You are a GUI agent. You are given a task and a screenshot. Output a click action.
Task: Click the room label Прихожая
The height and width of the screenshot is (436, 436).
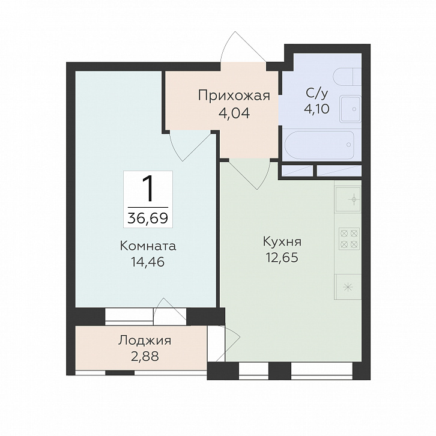point(234,96)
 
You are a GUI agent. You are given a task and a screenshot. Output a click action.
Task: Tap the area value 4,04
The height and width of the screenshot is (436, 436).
point(234,113)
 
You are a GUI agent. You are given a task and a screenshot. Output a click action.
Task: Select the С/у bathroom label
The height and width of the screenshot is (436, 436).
point(316,93)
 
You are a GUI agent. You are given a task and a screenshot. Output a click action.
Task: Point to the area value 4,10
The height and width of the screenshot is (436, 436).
point(316,109)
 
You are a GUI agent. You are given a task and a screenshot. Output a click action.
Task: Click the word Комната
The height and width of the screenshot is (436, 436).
point(148,246)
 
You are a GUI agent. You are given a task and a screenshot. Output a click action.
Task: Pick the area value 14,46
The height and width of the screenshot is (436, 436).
point(148,262)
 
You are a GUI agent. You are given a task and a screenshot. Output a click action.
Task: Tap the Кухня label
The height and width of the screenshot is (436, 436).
point(282,242)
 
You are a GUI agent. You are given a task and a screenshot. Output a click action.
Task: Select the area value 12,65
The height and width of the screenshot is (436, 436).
point(282,258)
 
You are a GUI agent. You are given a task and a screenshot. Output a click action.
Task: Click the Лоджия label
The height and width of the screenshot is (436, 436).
point(145,341)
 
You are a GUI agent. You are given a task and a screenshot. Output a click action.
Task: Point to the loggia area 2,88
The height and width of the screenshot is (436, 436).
point(145,356)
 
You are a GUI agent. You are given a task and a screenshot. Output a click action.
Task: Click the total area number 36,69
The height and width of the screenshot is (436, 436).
point(148,218)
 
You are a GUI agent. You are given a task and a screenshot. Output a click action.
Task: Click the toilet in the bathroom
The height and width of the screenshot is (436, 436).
point(347,77)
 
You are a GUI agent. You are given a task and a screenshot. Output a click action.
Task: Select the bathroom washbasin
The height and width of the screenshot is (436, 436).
point(350,109)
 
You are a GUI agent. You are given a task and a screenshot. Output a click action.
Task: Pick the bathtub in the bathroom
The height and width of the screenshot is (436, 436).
point(319,145)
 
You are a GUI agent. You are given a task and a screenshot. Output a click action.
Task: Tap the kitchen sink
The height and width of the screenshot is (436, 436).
point(348,199)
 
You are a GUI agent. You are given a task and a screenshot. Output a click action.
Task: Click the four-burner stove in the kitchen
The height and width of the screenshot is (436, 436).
point(349,238)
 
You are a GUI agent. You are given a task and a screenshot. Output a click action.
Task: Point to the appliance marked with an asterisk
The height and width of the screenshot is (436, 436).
point(348,287)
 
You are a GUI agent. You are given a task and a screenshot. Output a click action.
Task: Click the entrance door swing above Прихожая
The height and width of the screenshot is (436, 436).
point(243,46)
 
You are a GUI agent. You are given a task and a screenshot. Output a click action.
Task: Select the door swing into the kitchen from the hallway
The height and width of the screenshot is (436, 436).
point(250,175)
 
